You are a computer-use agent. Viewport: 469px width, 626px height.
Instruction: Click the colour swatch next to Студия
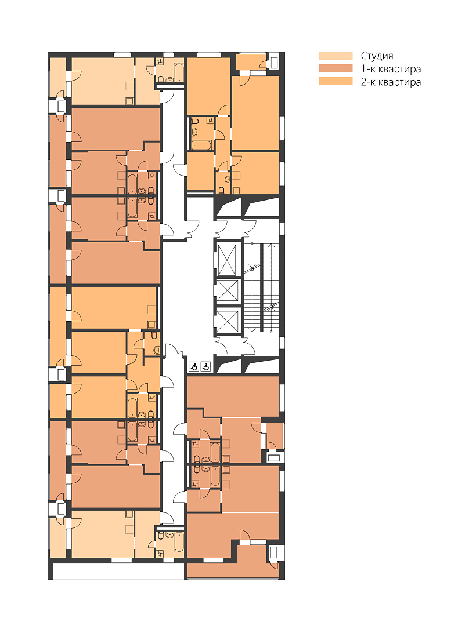point(335,56)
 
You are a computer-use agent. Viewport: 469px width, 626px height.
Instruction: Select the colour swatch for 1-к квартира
point(335,68)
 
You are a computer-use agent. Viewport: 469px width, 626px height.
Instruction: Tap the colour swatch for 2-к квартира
point(335,82)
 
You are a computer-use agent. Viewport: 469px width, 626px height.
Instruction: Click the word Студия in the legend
point(377,56)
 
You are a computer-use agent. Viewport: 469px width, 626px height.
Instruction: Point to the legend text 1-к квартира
point(391,69)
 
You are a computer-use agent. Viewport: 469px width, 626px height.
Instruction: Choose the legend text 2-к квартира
point(391,82)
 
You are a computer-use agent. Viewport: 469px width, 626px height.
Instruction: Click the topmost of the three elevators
point(227,260)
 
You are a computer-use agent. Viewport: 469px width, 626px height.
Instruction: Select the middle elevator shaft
point(227,290)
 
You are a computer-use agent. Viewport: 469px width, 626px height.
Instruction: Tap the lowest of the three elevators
point(227,321)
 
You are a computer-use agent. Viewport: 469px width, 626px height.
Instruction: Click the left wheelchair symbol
point(194,366)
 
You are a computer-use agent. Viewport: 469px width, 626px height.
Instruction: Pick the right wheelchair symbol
point(206,366)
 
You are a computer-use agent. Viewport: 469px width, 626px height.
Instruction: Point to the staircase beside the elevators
point(261,287)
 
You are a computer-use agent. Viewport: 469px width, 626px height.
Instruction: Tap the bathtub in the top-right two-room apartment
point(202,144)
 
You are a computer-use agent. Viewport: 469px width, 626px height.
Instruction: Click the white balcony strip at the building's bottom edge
point(119,572)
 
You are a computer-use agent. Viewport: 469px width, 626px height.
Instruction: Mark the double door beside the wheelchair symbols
point(174,351)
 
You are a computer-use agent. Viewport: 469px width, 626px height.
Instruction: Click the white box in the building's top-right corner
point(274,62)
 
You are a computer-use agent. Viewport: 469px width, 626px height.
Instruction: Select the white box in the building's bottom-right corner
point(273,552)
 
